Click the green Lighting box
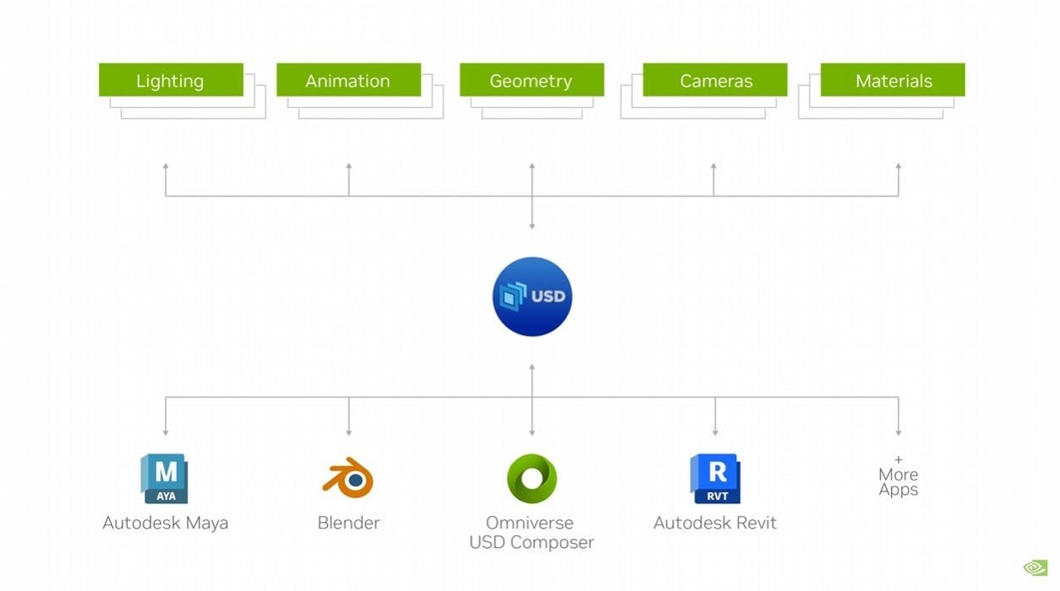tap(171, 80)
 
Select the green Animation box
tap(348, 80)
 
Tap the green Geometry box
tap(531, 80)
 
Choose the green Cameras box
tap(715, 80)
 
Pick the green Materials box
tap(893, 80)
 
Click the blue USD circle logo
tap(532, 296)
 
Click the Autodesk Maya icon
tap(165, 479)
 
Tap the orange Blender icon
tap(348, 478)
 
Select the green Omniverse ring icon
tap(532, 479)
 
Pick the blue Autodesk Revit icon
tap(715, 479)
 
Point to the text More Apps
tap(898, 482)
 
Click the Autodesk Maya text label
tap(166, 523)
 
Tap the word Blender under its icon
tap(348, 523)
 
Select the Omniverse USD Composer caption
tap(532, 533)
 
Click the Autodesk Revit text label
tap(715, 523)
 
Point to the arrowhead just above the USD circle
tap(532, 225)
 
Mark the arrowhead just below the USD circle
tap(532, 367)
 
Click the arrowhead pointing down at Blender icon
tap(349, 432)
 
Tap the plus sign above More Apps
tap(898, 460)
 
